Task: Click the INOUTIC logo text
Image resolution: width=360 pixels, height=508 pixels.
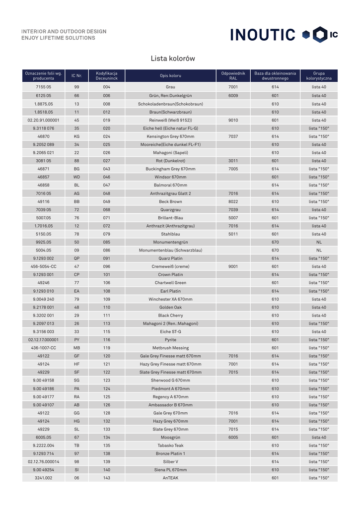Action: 263,35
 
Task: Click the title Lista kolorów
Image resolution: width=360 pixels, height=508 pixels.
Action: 173,59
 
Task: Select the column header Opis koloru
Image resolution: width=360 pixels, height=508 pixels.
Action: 170,76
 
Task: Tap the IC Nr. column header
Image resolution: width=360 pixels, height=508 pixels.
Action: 76,76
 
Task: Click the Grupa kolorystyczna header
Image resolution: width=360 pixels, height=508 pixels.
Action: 319,76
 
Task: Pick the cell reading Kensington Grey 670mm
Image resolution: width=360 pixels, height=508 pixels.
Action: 170,136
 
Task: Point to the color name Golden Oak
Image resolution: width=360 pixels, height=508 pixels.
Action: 170,307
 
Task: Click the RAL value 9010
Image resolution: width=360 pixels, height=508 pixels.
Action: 233,120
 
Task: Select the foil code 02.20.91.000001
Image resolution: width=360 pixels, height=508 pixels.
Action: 43,120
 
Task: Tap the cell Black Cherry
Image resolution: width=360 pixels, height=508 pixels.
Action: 170,316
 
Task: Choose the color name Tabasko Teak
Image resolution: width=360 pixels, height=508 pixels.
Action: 170,445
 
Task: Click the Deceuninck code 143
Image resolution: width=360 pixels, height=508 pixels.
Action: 107,478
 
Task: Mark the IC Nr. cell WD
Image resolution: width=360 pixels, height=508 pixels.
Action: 76,177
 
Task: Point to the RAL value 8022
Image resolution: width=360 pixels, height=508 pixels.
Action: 233,201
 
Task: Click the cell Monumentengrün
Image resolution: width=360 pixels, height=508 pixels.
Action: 170,242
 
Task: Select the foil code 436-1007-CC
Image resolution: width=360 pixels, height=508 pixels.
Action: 43,348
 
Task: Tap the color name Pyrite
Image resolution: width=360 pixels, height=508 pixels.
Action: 170,340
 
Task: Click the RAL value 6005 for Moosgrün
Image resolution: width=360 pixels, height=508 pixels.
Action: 233,438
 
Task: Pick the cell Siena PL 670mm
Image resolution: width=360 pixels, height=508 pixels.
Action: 170,470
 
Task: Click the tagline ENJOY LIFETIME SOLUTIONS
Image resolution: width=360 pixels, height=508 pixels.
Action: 58,38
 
